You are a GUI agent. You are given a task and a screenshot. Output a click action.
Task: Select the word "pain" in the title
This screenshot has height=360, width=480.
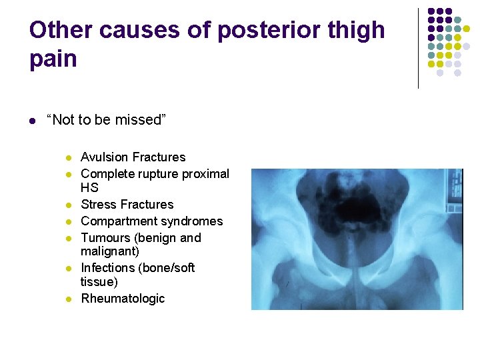tap(53, 59)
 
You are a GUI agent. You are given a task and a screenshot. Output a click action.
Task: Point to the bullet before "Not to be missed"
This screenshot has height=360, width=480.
tap(32, 121)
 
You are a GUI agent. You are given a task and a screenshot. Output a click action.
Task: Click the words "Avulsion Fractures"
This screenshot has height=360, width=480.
tap(133, 157)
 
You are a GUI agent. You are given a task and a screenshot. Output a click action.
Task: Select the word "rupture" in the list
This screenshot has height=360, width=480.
tap(172, 174)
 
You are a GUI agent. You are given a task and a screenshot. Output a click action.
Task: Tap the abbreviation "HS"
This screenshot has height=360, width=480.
tap(89, 189)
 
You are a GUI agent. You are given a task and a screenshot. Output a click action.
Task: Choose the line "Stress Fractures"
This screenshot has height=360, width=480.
tap(127, 205)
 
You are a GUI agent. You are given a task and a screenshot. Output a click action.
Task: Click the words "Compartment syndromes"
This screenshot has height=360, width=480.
tap(152, 221)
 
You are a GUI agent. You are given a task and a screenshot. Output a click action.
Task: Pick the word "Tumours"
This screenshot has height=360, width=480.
tap(104, 238)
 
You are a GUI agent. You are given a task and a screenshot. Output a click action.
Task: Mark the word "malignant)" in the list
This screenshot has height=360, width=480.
tap(110, 251)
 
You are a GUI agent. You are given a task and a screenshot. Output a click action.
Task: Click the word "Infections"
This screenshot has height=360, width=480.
tap(109, 268)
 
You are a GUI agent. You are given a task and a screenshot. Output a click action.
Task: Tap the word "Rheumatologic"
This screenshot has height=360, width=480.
tap(123, 299)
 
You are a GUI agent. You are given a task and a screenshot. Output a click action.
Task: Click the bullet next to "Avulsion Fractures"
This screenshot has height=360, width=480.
tap(69, 158)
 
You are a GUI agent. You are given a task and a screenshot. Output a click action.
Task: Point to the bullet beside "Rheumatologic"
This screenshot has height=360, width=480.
tap(69, 299)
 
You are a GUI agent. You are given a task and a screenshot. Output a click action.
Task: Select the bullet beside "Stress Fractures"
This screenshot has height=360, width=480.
tap(69, 205)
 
